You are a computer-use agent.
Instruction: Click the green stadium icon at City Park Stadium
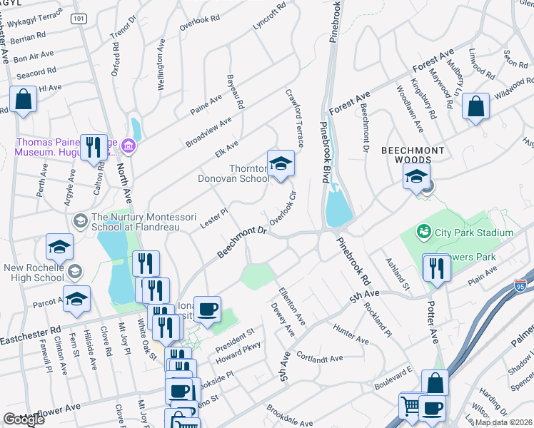point(424,232)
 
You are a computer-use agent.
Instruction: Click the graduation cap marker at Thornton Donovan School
point(281,164)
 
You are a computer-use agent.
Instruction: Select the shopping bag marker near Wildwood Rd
point(475,107)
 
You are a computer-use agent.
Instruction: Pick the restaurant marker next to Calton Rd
point(94,147)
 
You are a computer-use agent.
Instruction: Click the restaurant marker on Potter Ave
point(435,267)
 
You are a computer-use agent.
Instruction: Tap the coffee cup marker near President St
point(207,310)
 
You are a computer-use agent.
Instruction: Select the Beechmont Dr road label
point(241,243)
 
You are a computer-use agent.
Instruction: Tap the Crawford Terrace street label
point(295,118)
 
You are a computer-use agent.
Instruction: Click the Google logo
point(24,419)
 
